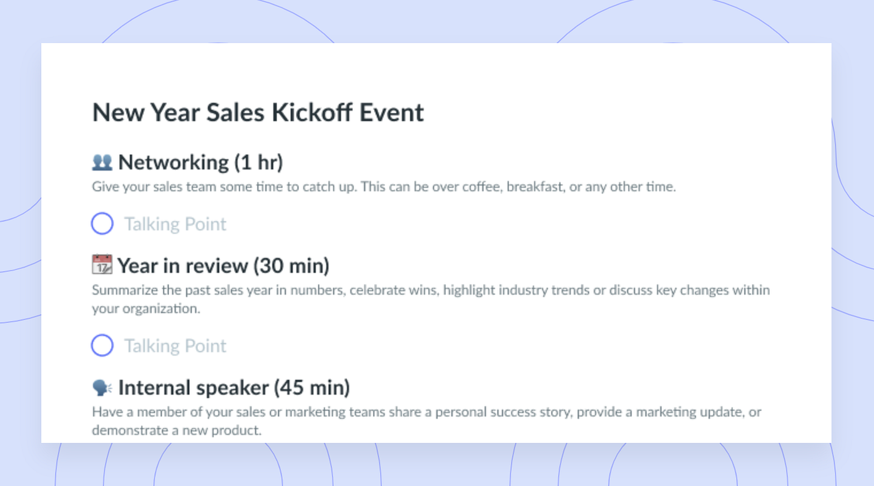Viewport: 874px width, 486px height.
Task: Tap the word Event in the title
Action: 391,112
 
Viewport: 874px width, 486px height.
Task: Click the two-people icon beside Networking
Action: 102,162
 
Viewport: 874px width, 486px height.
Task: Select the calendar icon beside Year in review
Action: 102,265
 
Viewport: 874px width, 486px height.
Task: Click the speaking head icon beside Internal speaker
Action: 102,388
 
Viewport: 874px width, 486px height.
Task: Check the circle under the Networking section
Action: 102,223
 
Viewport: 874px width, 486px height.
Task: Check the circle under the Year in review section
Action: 102,345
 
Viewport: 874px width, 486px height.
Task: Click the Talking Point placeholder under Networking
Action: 175,224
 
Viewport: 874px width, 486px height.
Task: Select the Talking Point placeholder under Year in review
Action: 175,346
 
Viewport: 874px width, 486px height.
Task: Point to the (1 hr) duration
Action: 258,162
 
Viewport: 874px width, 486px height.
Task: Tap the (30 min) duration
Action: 291,266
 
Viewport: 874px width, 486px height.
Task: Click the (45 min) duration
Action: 312,388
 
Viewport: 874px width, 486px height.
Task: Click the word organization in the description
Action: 161,309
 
